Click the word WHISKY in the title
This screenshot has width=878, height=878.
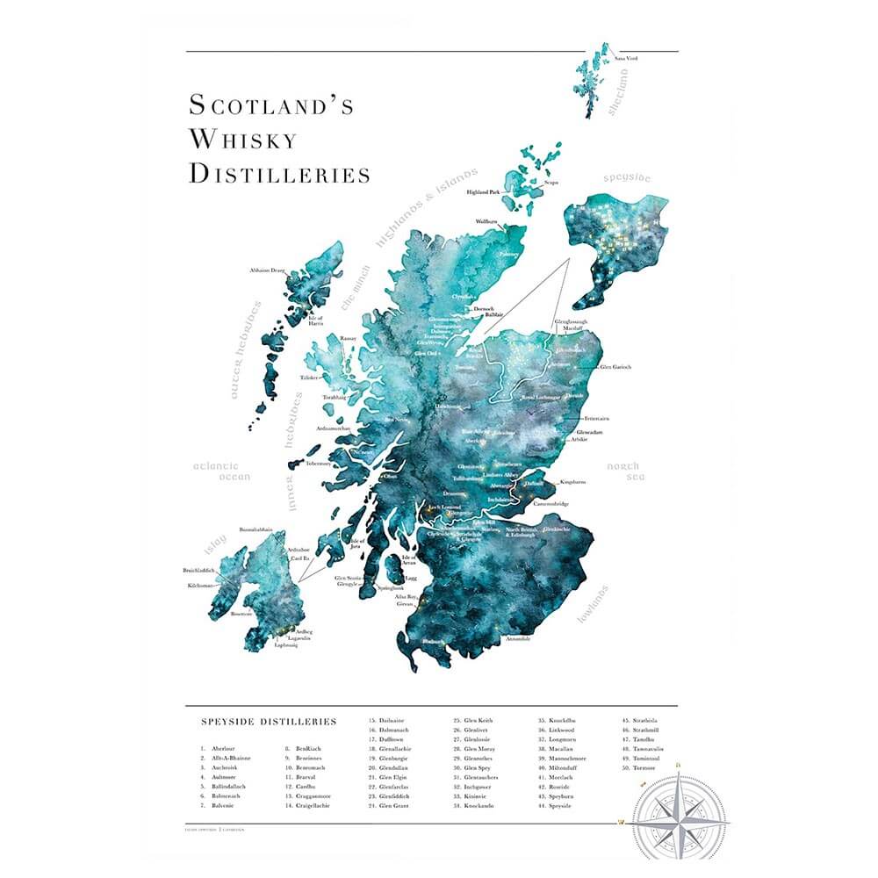point(243,139)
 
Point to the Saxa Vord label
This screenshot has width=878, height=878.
point(626,58)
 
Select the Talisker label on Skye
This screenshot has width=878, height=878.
point(309,377)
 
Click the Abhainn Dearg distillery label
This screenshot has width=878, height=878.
point(268,270)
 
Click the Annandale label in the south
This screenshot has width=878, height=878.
point(518,638)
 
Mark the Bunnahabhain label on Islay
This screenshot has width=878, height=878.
point(255,530)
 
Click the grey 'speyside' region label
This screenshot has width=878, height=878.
point(627,178)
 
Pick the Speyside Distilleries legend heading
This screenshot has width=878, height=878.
point(269,722)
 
